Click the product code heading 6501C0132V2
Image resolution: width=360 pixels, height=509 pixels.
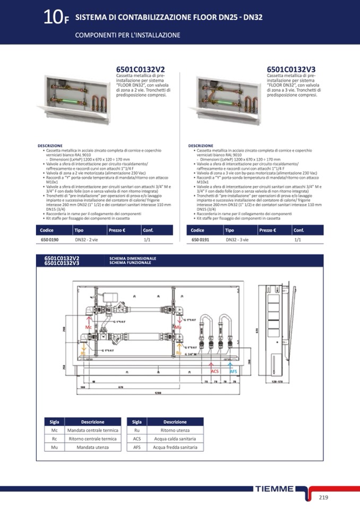tap(140, 70)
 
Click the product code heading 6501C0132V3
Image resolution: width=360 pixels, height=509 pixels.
tap(291, 70)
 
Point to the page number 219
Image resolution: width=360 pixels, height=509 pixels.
tap(324, 497)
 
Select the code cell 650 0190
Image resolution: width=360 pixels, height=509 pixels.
tap(49, 240)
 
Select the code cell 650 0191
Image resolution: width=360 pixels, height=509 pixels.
tap(200, 240)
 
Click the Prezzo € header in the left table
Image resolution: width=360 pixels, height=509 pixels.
tap(118, 230)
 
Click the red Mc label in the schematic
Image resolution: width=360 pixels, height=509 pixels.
tap(89, 327)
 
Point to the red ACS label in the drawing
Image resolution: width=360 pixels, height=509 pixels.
tap(215, 371)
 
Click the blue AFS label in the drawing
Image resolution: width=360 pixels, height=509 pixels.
tap(233, 371)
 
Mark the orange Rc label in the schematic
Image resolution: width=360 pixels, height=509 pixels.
tap(83, 353)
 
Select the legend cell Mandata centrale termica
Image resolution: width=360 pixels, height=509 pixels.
tap(92, 430)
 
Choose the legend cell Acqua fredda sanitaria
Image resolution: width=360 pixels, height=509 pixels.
tap(175, 447)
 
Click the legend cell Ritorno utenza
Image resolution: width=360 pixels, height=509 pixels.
tap(175, 430)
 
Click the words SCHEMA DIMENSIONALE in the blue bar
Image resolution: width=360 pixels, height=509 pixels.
tap(133, 258)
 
